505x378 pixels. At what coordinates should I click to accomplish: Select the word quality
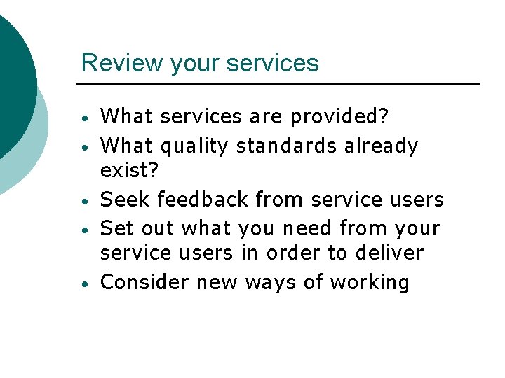195,146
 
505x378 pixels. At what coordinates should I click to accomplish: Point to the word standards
287,146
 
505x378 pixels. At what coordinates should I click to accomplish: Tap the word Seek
126,199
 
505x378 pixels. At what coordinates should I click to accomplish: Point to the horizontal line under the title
281,84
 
